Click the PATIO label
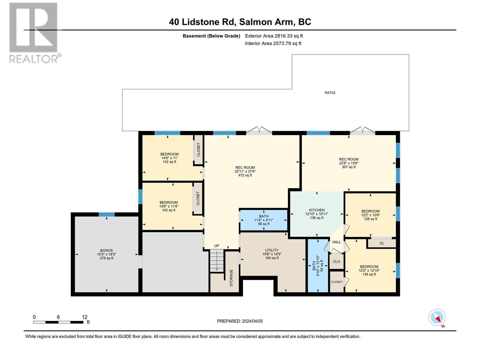click(330, 93)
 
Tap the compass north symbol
click(437, 317)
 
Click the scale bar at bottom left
click(58, 322)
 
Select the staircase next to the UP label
click(217, 261)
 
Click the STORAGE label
click(231, 277)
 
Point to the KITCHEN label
click(317, 210)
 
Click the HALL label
click(337, 242)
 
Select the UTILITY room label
click(272, 250)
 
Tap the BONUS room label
click(106, 250)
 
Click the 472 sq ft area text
click(245, 175)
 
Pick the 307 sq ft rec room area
click(349, 167)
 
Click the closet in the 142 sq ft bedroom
click(198, 149)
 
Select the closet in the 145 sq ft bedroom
click(198, 199)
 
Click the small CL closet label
click(382, 243)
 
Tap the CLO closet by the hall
click(336, 262)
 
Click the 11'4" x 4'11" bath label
click(264, 220)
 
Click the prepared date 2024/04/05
click(240, 321)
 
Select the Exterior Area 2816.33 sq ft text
click(274, 36)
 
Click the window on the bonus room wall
click(107, 214)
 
